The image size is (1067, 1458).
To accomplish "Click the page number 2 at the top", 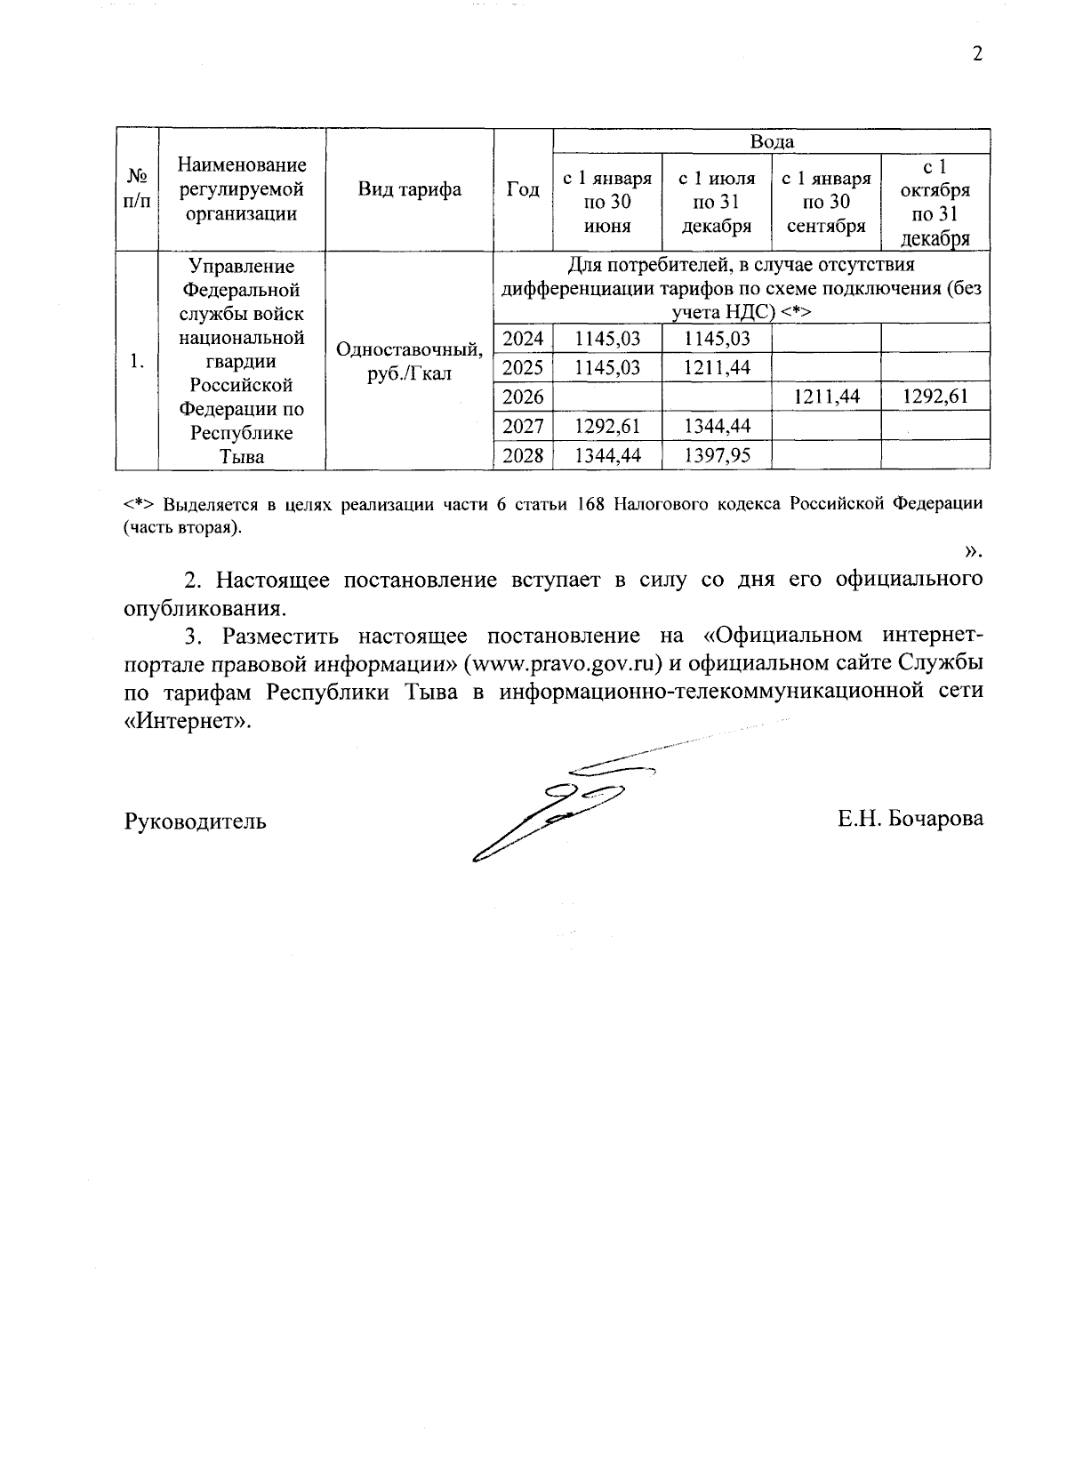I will pos(977,54).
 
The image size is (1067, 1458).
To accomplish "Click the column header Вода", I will pos(772,141).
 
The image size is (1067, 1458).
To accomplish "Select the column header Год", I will pos(523,189).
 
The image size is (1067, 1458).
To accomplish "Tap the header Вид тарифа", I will pos(409,189).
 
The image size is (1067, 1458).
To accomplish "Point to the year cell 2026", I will pos(523,397).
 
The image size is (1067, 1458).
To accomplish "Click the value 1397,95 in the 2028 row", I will pos(717,456).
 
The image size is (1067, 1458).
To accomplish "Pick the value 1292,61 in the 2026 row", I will pos(935,397).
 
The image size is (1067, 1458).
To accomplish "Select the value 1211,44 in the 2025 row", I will pos(717,367).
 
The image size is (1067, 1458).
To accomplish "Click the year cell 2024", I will pos(523,338).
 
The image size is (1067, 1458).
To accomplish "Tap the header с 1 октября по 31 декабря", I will pos(935,203).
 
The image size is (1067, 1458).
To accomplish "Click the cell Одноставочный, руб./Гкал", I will pos(409,361).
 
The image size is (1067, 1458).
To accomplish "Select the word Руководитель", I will pos(195,821).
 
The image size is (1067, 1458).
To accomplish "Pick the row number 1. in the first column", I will pos(136,361).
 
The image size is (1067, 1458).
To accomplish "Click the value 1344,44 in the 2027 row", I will pos(717,427).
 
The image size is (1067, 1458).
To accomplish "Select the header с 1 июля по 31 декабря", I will pos(717,203).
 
